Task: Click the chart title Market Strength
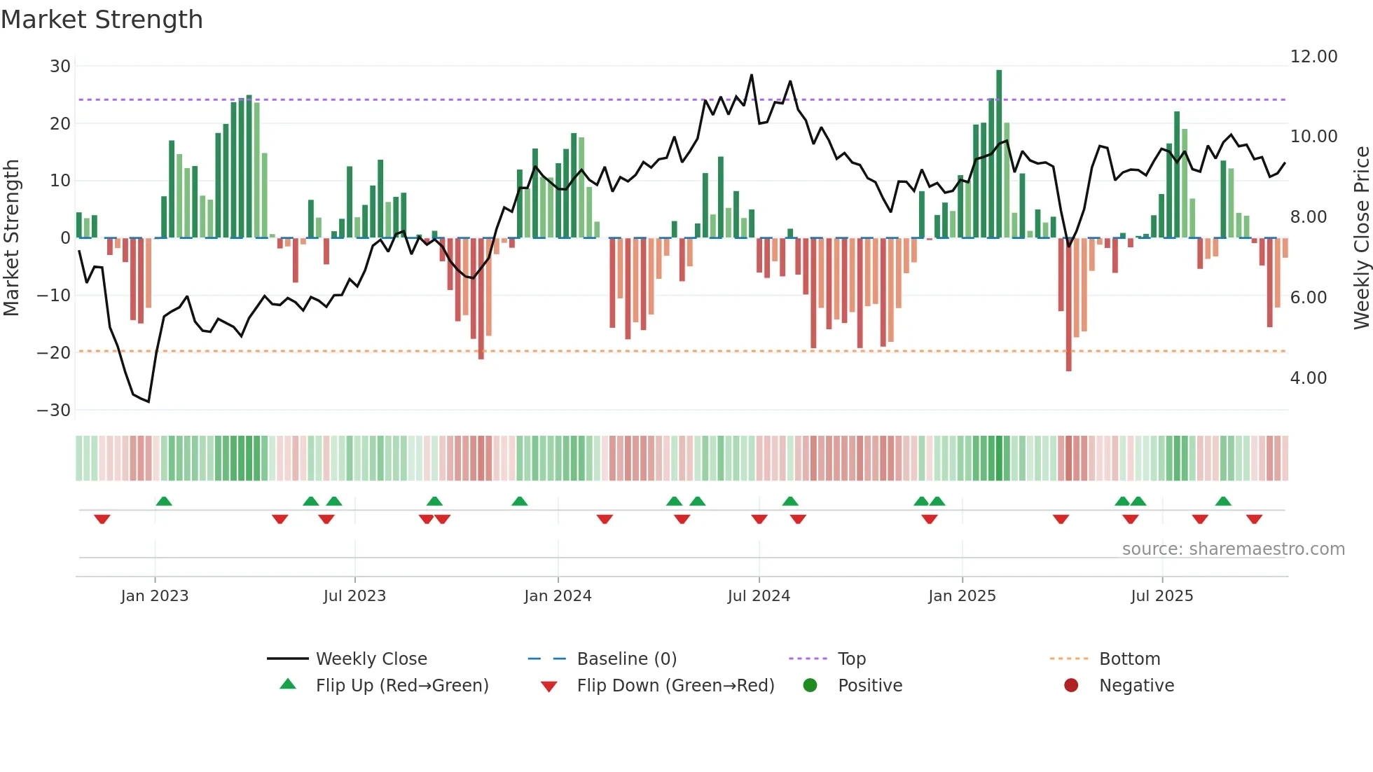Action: point(102,20)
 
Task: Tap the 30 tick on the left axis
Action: point(60,67)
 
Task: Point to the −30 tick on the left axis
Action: point(54,411)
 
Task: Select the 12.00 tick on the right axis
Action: point(1313,57)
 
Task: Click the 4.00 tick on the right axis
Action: point(1309,378)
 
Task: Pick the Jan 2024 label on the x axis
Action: point(558,596)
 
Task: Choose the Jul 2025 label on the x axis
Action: point(1161,596)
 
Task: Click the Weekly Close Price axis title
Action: point(1361,238)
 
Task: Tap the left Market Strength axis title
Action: point(12,238)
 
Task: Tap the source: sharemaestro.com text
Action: point(1233,549)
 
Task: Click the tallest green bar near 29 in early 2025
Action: point(999,153)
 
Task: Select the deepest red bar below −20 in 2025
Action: point(1068,305)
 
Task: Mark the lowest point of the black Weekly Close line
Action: point(149,401)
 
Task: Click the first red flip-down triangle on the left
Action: point(102,519)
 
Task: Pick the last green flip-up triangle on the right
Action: point(1223,502)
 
